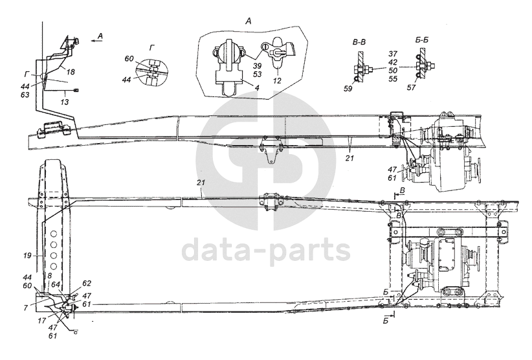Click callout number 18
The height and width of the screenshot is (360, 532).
[71, 71]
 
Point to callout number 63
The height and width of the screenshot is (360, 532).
[24, 94]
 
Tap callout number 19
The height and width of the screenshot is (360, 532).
[27, 256]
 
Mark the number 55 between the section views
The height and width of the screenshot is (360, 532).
[393, 78]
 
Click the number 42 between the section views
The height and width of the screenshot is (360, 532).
[393, 62]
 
